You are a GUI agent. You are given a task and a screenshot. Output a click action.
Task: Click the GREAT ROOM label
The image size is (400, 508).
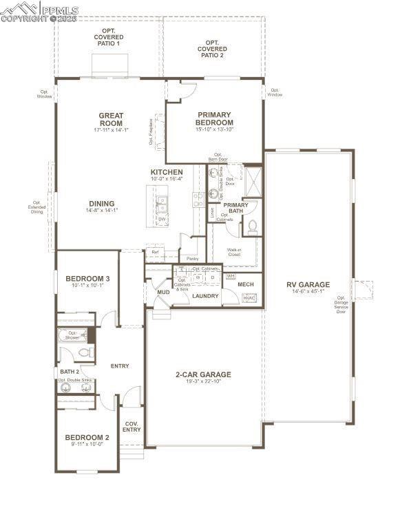111,119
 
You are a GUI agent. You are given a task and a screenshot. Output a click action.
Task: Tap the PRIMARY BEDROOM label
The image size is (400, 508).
215,118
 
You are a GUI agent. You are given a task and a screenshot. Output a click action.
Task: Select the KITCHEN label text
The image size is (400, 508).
167,172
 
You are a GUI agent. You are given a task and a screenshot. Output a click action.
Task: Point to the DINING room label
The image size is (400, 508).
101,204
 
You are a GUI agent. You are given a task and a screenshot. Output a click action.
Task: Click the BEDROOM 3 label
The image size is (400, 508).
87,279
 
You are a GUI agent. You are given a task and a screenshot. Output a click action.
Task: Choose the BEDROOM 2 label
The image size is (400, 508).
87,437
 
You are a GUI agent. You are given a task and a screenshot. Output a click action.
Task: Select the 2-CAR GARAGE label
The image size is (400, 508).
203,375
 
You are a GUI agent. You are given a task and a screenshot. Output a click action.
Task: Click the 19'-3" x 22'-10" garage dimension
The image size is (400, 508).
203,383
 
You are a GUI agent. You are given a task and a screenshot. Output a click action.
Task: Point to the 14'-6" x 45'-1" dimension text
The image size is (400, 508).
308,292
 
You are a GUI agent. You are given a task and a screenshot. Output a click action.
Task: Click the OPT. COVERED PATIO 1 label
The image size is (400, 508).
108,38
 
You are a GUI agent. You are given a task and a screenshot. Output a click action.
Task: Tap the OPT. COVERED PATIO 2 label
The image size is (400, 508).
212,50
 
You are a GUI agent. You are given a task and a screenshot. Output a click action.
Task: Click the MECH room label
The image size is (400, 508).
246,284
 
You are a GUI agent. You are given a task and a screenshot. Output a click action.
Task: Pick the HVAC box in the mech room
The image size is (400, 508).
249,297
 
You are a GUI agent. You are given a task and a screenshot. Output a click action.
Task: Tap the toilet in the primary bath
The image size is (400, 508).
252,225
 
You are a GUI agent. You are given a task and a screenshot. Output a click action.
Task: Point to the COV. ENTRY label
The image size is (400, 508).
131,426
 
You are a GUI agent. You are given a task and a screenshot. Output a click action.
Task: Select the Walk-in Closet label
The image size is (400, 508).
234,253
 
